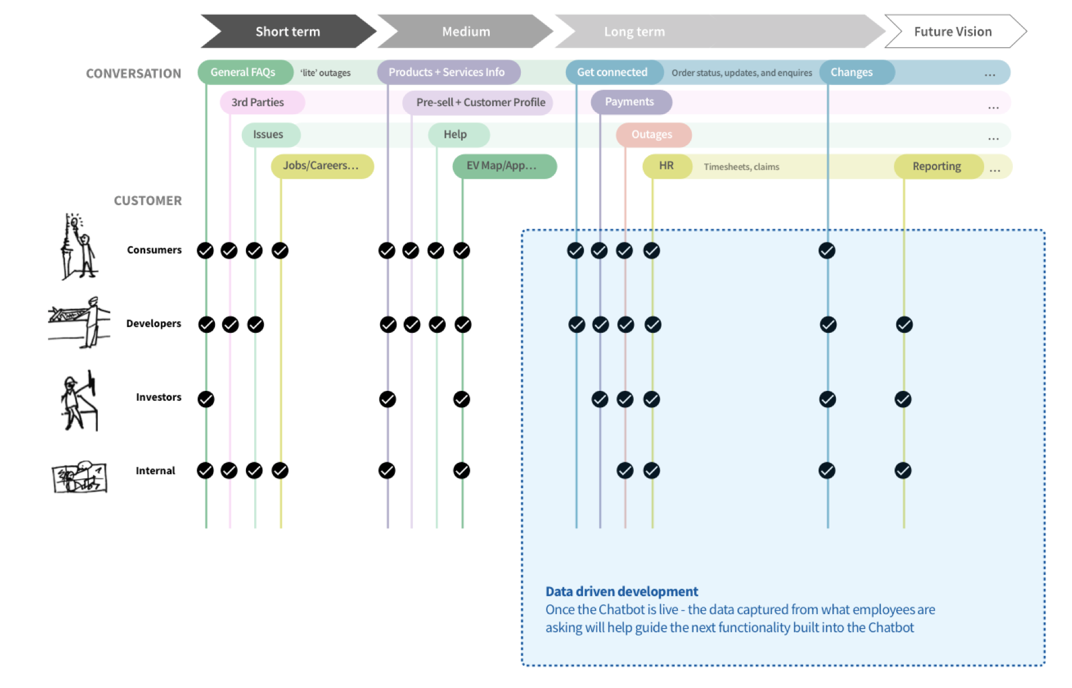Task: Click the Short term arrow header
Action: (x=287, y=32)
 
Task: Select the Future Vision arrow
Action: (x=953, y=32)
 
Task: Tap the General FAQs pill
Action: (x=243, y=72)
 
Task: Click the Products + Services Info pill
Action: (x=446, y=72)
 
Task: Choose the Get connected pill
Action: (x=612, y=72)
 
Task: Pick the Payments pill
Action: (x=630, y=102)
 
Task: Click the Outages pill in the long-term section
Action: (x=652, y=135)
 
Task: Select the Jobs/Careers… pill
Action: (x=321, y=166)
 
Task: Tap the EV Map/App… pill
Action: (x=502, y=166)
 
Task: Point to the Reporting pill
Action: (x=937, y=166)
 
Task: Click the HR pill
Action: (x=666, y=166)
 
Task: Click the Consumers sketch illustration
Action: (x=78, y=247)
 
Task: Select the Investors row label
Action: (x=158, y=397)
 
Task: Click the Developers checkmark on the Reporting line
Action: (x=904, y=324)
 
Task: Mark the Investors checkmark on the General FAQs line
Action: (x=206, y=399)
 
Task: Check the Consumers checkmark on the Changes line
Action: (x=827, y=251)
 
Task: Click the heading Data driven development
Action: (x=622, y=591)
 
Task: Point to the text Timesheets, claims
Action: (x=741, y=167)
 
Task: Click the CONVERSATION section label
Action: (x=134, y=74)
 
